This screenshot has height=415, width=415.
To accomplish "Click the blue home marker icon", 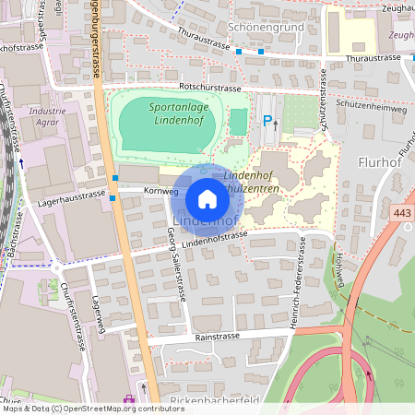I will point(207,198).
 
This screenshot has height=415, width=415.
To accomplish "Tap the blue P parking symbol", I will point(267,120).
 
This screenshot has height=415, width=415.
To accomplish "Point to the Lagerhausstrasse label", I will point(72,196).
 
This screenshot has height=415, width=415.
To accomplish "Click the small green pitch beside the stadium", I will point(238,121).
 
